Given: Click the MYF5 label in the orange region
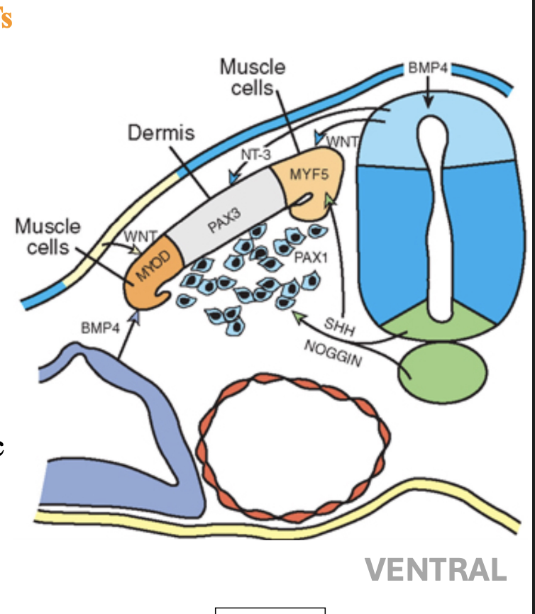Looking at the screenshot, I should (x=309, y=175).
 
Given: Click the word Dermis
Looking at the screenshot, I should (x=161, y=133).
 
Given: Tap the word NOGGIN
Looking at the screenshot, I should (x=332, y=352).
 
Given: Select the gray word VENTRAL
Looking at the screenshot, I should (x=436, y=569).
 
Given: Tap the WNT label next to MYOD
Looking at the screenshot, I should (x=140, y=235).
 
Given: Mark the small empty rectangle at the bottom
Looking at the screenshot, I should (x=270, y=610).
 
